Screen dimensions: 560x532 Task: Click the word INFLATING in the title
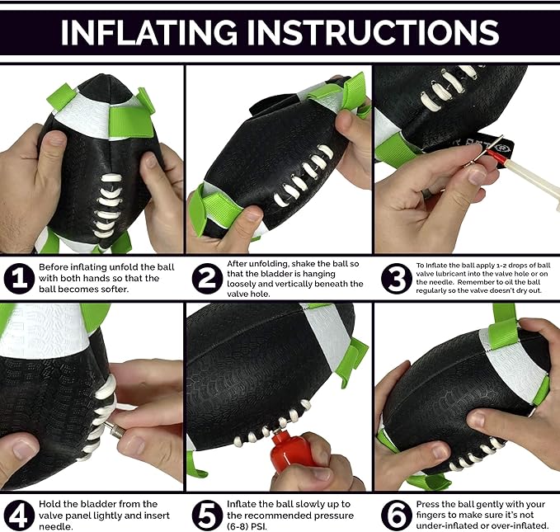149,32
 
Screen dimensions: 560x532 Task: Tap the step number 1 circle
19,279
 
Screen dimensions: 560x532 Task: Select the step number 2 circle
207,279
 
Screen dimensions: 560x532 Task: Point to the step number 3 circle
396,279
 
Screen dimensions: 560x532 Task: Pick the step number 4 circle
19,515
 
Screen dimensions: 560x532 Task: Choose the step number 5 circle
207,515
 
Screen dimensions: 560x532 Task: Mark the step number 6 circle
396,515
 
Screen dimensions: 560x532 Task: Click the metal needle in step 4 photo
115,430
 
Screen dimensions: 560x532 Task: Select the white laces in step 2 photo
304,176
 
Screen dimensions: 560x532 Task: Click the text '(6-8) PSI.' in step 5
247,526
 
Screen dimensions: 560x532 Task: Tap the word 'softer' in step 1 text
116,289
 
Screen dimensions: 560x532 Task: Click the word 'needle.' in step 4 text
56,526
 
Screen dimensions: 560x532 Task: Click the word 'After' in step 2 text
237,264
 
